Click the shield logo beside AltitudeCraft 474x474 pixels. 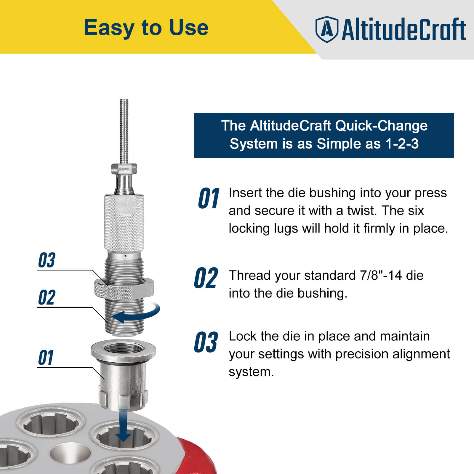coord(326,29)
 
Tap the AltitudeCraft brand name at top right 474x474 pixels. coord(403,29)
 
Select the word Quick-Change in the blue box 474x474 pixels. coord(381,126)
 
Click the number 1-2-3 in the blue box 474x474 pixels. coord(402,144)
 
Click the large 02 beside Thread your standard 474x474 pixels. coord(206,278)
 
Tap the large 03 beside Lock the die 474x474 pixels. coord(206,342)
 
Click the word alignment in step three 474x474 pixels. coord(414,354)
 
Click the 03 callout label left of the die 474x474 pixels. coord(47,260)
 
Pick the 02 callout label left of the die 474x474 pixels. coord(47,297)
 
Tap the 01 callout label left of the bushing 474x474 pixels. coord(46,358)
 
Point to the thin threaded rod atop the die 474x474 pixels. coord(124,130)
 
